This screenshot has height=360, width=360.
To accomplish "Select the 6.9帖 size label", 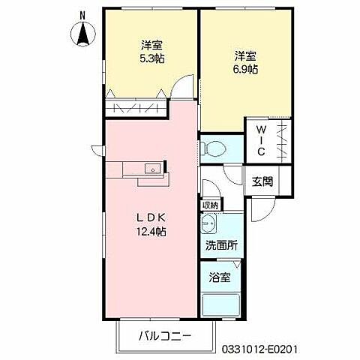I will pos(246,69).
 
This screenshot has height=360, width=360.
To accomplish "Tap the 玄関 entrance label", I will pos(262,180).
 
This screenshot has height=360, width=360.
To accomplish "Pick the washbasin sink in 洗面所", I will pos(210,224).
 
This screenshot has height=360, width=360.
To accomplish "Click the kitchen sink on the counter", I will pos(152,169).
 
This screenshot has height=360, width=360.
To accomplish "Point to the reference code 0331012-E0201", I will pos(286,347).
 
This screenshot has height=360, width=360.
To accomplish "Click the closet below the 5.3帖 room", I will pos(135,106).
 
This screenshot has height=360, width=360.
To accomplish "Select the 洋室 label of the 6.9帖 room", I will pos(246,55).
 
